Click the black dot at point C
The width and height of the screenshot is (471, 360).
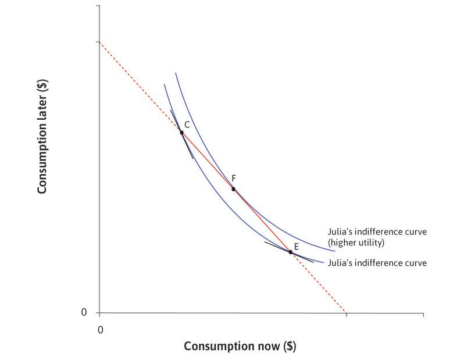181,133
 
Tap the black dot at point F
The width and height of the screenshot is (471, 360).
233,189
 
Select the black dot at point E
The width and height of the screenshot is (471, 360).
290,252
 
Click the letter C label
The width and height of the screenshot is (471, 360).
187,124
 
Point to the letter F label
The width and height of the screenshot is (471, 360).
233,178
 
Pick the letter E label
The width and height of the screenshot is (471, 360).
296,247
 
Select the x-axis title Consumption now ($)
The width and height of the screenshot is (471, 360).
240,346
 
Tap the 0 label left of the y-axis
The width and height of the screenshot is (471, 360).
84,312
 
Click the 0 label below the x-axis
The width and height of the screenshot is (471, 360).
100,330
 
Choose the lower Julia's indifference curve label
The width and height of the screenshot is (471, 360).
377,263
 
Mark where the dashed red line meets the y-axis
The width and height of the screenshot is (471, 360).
99,42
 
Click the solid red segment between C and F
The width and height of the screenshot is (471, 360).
207,161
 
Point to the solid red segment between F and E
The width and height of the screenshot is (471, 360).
262,220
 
